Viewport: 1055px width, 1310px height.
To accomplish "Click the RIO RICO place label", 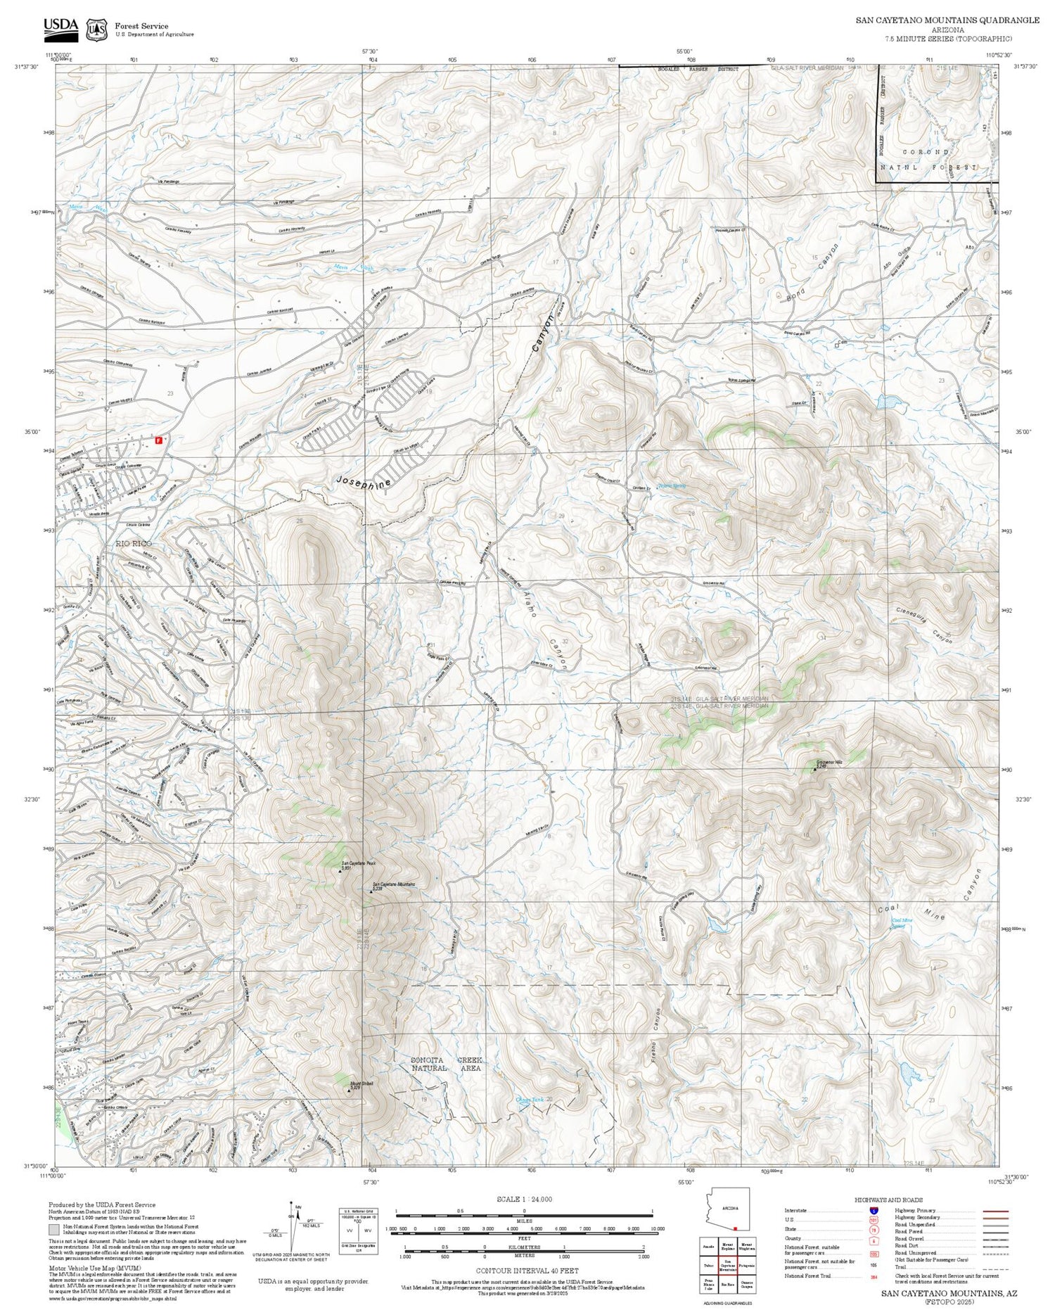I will (134, 544).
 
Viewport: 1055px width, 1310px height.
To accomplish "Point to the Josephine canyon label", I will (364, 485).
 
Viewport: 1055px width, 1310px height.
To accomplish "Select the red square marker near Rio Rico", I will (158, 440).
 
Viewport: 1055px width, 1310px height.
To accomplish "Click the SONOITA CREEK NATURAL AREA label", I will (447, 1064).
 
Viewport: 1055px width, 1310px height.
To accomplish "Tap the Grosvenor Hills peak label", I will (819, 763).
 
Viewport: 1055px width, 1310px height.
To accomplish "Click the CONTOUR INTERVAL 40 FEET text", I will (527, 1271).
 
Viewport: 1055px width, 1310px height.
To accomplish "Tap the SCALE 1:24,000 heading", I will (524, 1199).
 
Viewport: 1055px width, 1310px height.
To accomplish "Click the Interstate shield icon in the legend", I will (874, 1210).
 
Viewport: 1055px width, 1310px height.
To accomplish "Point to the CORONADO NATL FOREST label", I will (935, 160).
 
